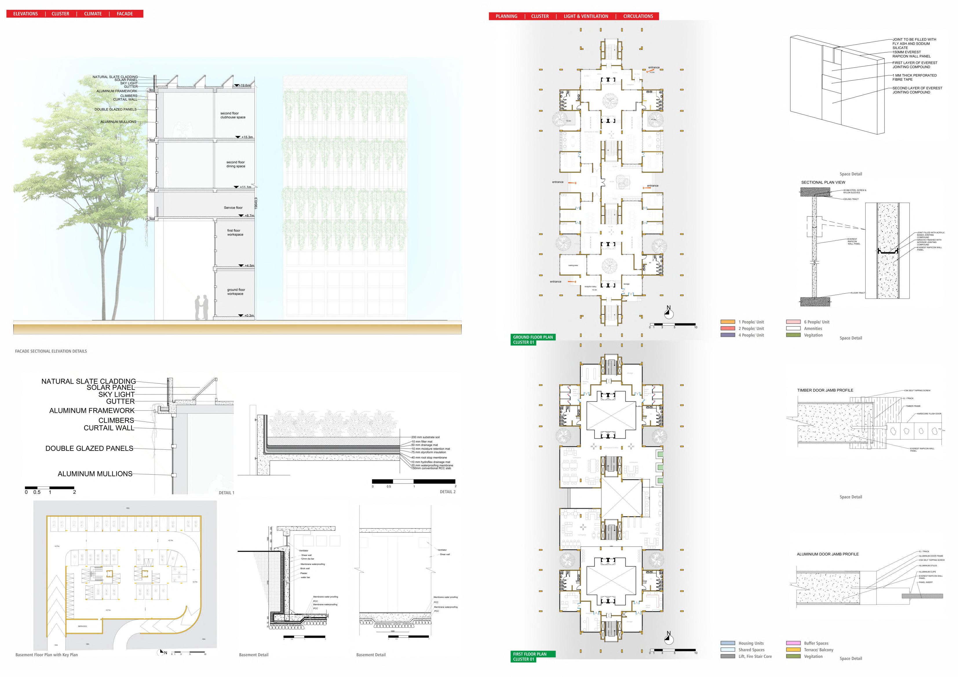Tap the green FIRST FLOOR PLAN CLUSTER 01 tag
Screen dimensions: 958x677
pyautogui.click(x=533, y=656)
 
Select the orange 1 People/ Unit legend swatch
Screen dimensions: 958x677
pyautogui.click(x=728, y=322)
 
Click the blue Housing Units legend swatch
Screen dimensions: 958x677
pyautogui.click(x=728, y=643)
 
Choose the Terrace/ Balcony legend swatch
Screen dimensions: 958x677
pyautogui.click(x=793, y=649)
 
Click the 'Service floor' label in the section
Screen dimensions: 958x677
pyautogui.click(x=233, y=207)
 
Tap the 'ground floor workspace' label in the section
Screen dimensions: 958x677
pyautogui.click(x=236, y=292)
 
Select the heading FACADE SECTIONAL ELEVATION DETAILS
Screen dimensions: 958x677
pyautogui.click(x=51, y=351)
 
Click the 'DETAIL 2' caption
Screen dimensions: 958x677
pyautogui.click(x=447, y=492)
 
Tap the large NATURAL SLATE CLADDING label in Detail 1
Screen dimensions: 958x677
pyautogui.click(x=88, y=381)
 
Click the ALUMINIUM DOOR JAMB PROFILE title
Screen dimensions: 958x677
pyautogui.click(x=827, y=554)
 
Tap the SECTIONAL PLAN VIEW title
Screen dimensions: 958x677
pyautogui.click(x=823, y=182)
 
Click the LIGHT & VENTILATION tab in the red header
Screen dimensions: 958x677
pyautogui.click(x=586, y=16)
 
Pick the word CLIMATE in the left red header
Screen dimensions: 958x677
pyautogui.click(x=93, y=14)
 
